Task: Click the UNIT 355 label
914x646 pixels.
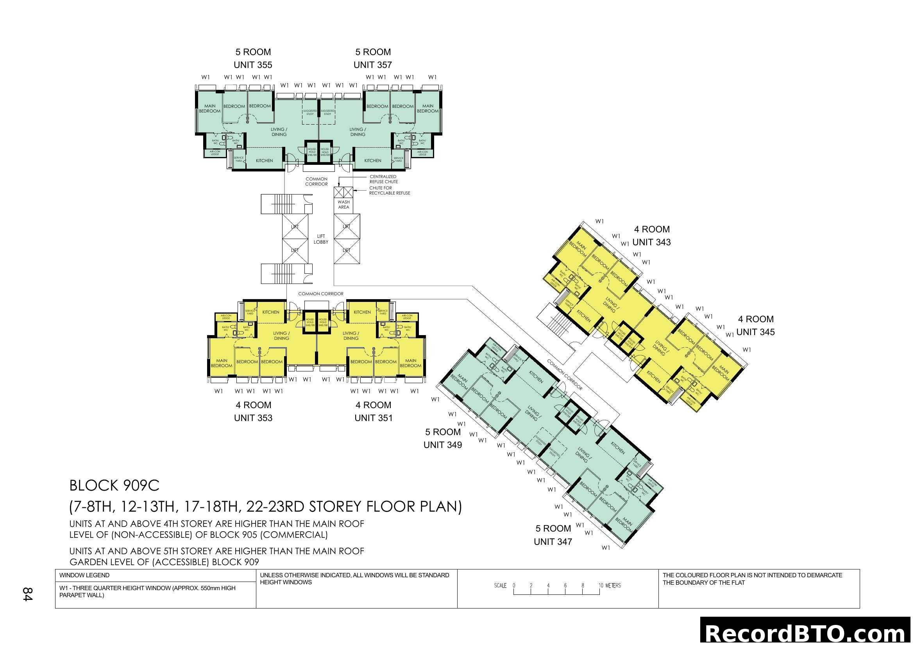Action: [253, 65]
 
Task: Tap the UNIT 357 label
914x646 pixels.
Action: [373, 65]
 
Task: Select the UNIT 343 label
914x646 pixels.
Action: [651, 242]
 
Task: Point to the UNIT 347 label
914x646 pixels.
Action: [553, 542]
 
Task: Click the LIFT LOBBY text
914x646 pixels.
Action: [321, 239]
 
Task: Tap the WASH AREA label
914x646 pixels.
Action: [343, 204]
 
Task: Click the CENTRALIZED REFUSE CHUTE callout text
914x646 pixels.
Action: [383, 179]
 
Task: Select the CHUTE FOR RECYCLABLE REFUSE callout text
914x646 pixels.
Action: [389, 191]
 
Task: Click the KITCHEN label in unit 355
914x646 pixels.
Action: [264, 161]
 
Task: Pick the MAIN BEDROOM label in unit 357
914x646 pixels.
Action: [427, 109]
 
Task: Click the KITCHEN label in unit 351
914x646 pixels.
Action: [362, 312]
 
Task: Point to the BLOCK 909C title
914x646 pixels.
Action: [114, 486]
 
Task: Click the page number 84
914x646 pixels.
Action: [27, 594]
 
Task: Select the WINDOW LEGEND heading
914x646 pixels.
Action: [84, 575]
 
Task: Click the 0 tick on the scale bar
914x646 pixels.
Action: [514, 586]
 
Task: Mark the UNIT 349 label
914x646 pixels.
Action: [442, 445]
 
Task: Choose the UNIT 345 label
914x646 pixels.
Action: [755, 332]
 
